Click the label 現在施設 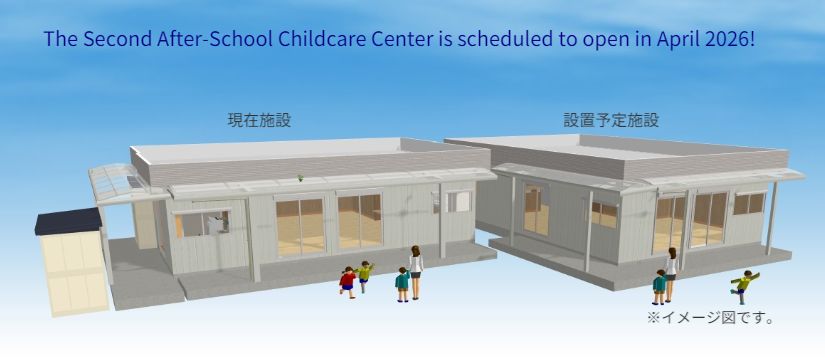click(259, 120)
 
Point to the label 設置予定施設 click(611, 120)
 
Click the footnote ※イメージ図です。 click(710, 318)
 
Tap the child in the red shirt click(347, 283)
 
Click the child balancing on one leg click(744, 286)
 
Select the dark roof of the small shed click(68, 221)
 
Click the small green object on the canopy click(300, 178)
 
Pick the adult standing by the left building click(416, 272)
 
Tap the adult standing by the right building click(671, 274)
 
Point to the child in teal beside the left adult click(403, 285)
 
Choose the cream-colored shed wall click(73, 273)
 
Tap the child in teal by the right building click(659, 287)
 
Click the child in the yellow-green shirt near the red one click(364, 276)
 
